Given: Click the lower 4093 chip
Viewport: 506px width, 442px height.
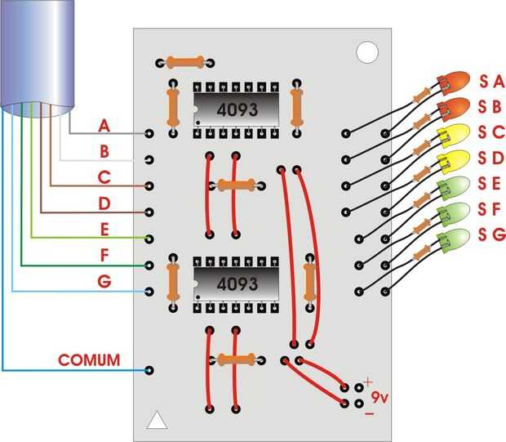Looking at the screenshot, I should tap(235, 284).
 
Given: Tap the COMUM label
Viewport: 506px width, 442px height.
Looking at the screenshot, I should tap(89, 359).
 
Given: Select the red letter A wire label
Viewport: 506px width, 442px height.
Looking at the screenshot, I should tap(104, 126).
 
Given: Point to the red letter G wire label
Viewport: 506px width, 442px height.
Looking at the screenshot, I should tap(104, 282).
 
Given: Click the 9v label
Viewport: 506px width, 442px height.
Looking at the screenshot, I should tap(379, 398).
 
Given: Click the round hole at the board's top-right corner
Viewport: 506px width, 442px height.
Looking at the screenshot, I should tap(367, 51).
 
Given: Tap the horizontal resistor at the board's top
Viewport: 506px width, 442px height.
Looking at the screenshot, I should tap(184, 62).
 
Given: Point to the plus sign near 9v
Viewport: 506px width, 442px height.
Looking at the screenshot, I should tap(368, 382).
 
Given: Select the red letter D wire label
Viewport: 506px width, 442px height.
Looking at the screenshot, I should tap(104, 203).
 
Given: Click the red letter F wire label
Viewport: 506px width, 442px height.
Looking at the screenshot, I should tap(104, 256).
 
